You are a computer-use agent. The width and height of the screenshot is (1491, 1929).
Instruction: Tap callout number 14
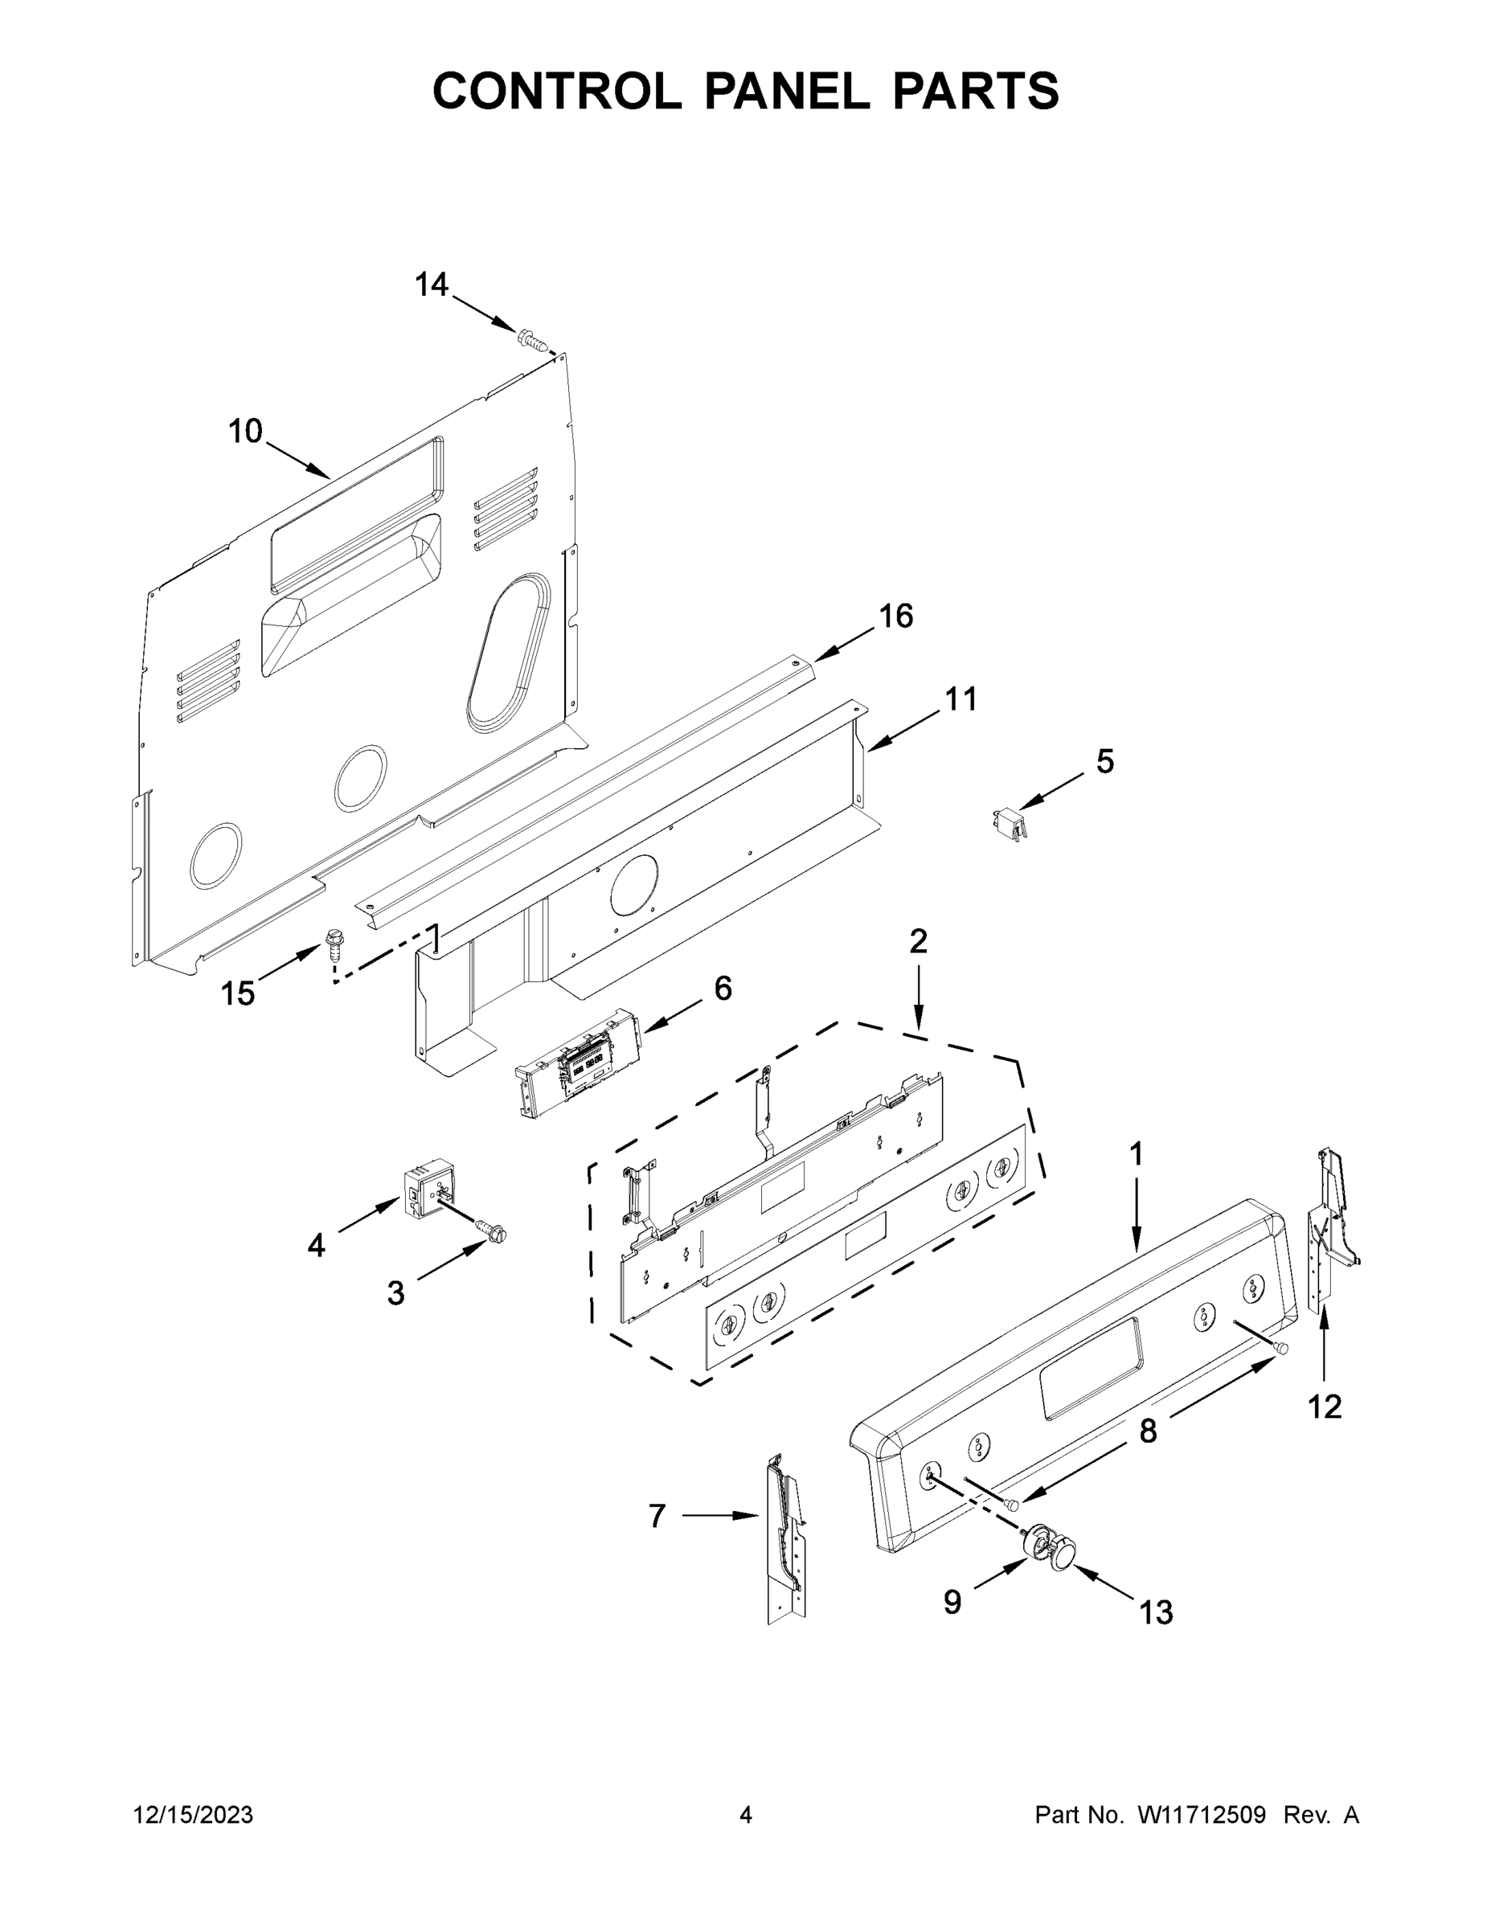coord(431,285)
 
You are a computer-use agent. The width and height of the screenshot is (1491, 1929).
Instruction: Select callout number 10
coord(246,432)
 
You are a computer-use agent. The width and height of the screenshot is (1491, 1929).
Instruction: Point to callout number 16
coord(895,616)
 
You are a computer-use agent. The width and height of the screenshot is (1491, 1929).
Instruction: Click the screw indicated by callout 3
coord(491,1230)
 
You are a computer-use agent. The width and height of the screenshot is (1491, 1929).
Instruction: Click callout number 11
coord(961,699)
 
